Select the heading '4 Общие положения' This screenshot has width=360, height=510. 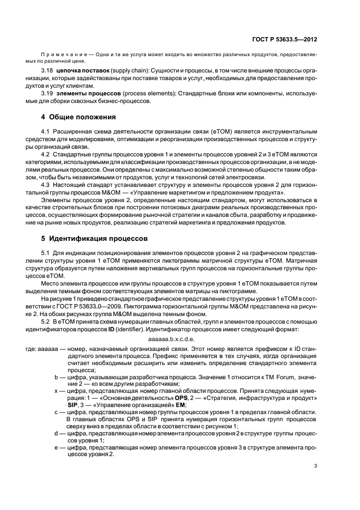(x=76, y=117)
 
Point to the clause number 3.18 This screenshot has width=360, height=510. (x=47, y=71)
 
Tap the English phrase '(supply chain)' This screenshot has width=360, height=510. (x=127, y=71)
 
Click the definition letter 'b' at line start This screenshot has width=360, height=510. (x=56, y=375)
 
